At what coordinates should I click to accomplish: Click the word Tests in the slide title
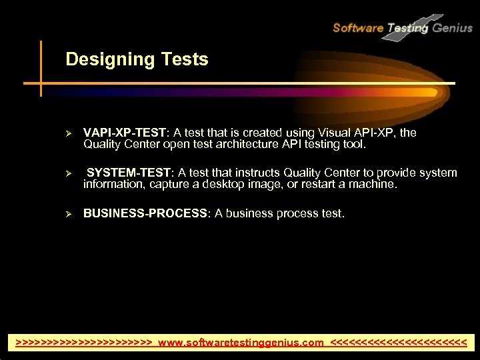[184, 60]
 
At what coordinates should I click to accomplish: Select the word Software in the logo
[358, 27]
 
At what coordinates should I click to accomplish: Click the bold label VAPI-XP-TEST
[125, 133]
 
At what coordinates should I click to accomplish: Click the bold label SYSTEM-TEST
[129, 173]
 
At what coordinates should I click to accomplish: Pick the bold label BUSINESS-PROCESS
[145, 213]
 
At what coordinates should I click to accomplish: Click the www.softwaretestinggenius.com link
[241, 343]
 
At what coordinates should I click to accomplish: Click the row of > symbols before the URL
[84, 343]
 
